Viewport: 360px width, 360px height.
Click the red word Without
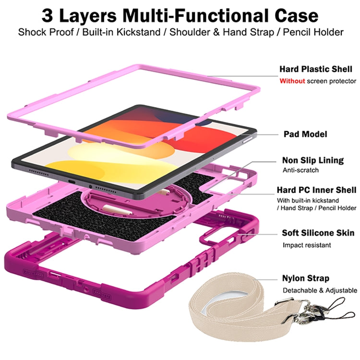click(x=292, y=81)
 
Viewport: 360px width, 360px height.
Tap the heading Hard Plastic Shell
click(x=315, y=69)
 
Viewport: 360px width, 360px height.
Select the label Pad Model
click(x=305, y=134)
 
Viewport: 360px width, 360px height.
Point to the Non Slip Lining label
click(x=312, y=160)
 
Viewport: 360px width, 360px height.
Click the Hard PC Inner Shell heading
click(x=316, y=190)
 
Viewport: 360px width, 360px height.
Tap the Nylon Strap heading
click(x=305, y=278)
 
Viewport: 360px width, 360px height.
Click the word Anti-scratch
click(x=300, y=170)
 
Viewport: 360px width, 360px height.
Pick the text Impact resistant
click(x=306, y=245)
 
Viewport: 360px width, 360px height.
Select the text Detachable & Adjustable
click(x=319, y=290)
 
